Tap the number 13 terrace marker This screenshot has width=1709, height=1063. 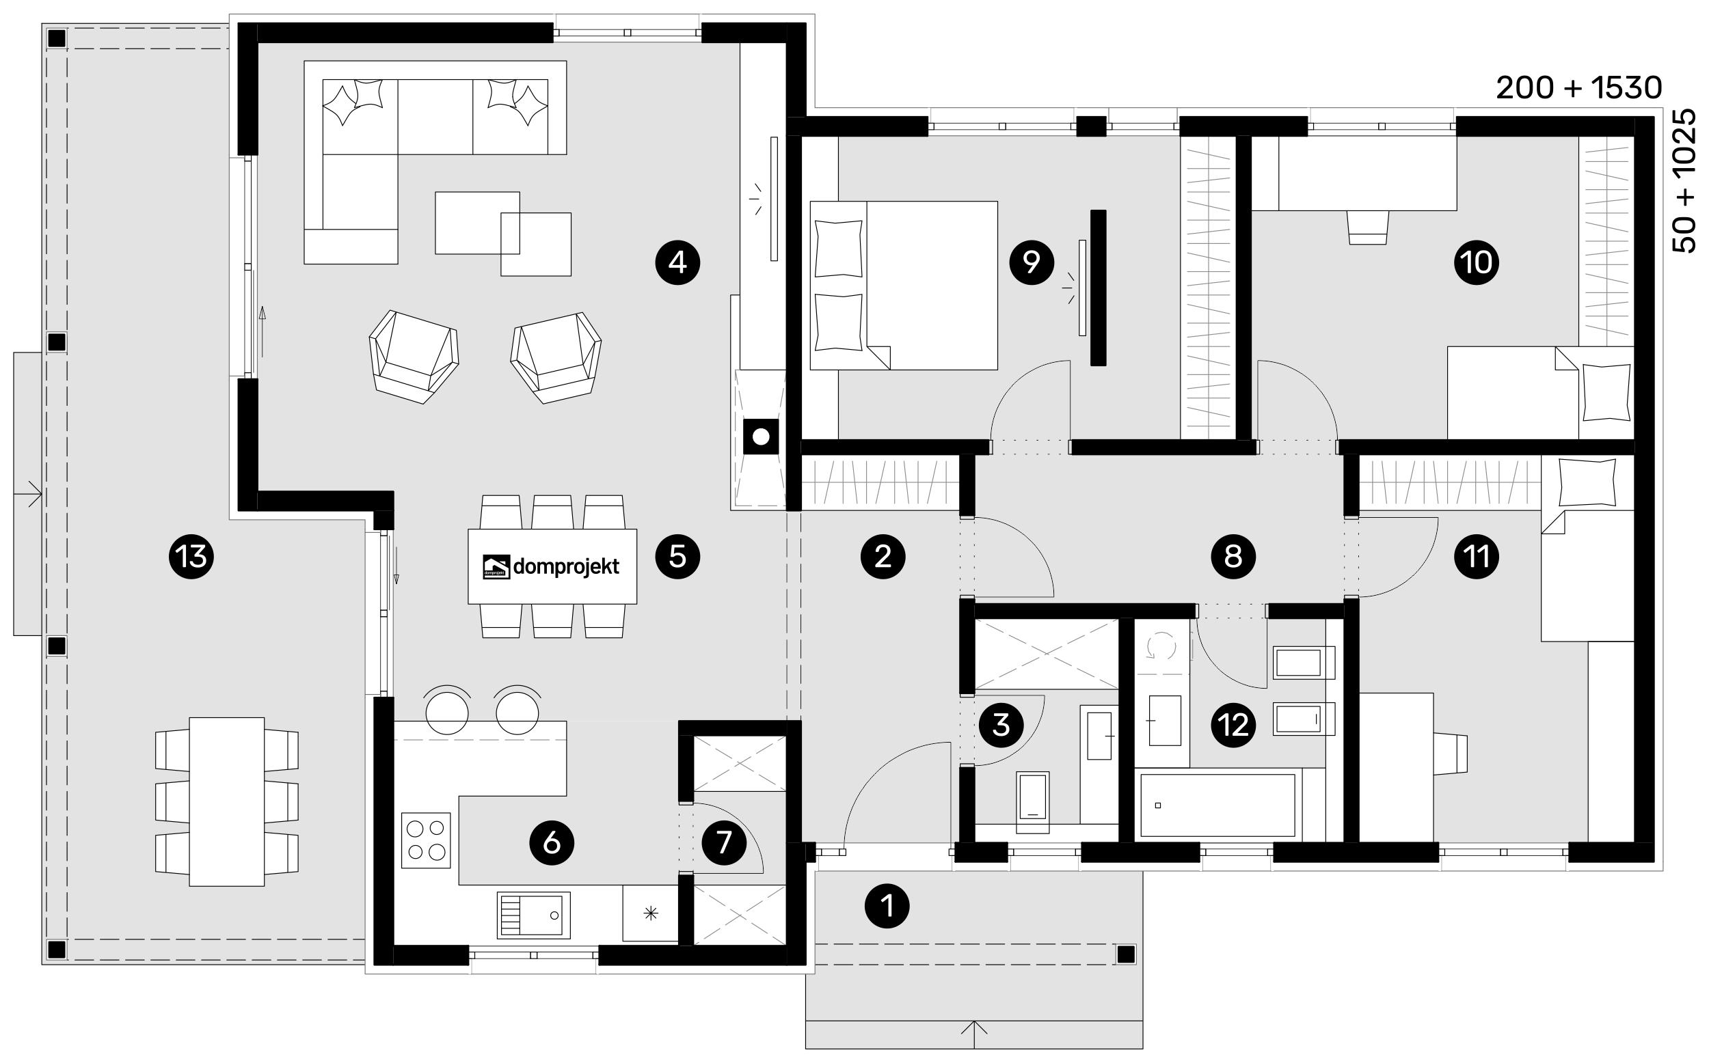191,557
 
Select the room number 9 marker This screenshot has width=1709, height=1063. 1031,262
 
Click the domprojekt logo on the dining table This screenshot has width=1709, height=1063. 552,566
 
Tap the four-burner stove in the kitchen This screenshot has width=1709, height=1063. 426,840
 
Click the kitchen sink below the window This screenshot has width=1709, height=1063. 534,915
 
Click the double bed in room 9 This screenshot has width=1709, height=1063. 904,286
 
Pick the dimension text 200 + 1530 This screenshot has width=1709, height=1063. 1579,88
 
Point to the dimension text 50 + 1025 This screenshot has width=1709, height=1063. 1684,180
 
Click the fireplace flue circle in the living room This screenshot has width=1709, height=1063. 761,437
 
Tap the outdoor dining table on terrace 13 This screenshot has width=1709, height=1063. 226,801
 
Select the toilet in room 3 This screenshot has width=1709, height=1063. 1033,802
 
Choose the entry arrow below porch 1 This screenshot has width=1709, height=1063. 974,1027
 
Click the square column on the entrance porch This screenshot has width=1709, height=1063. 1126,954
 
